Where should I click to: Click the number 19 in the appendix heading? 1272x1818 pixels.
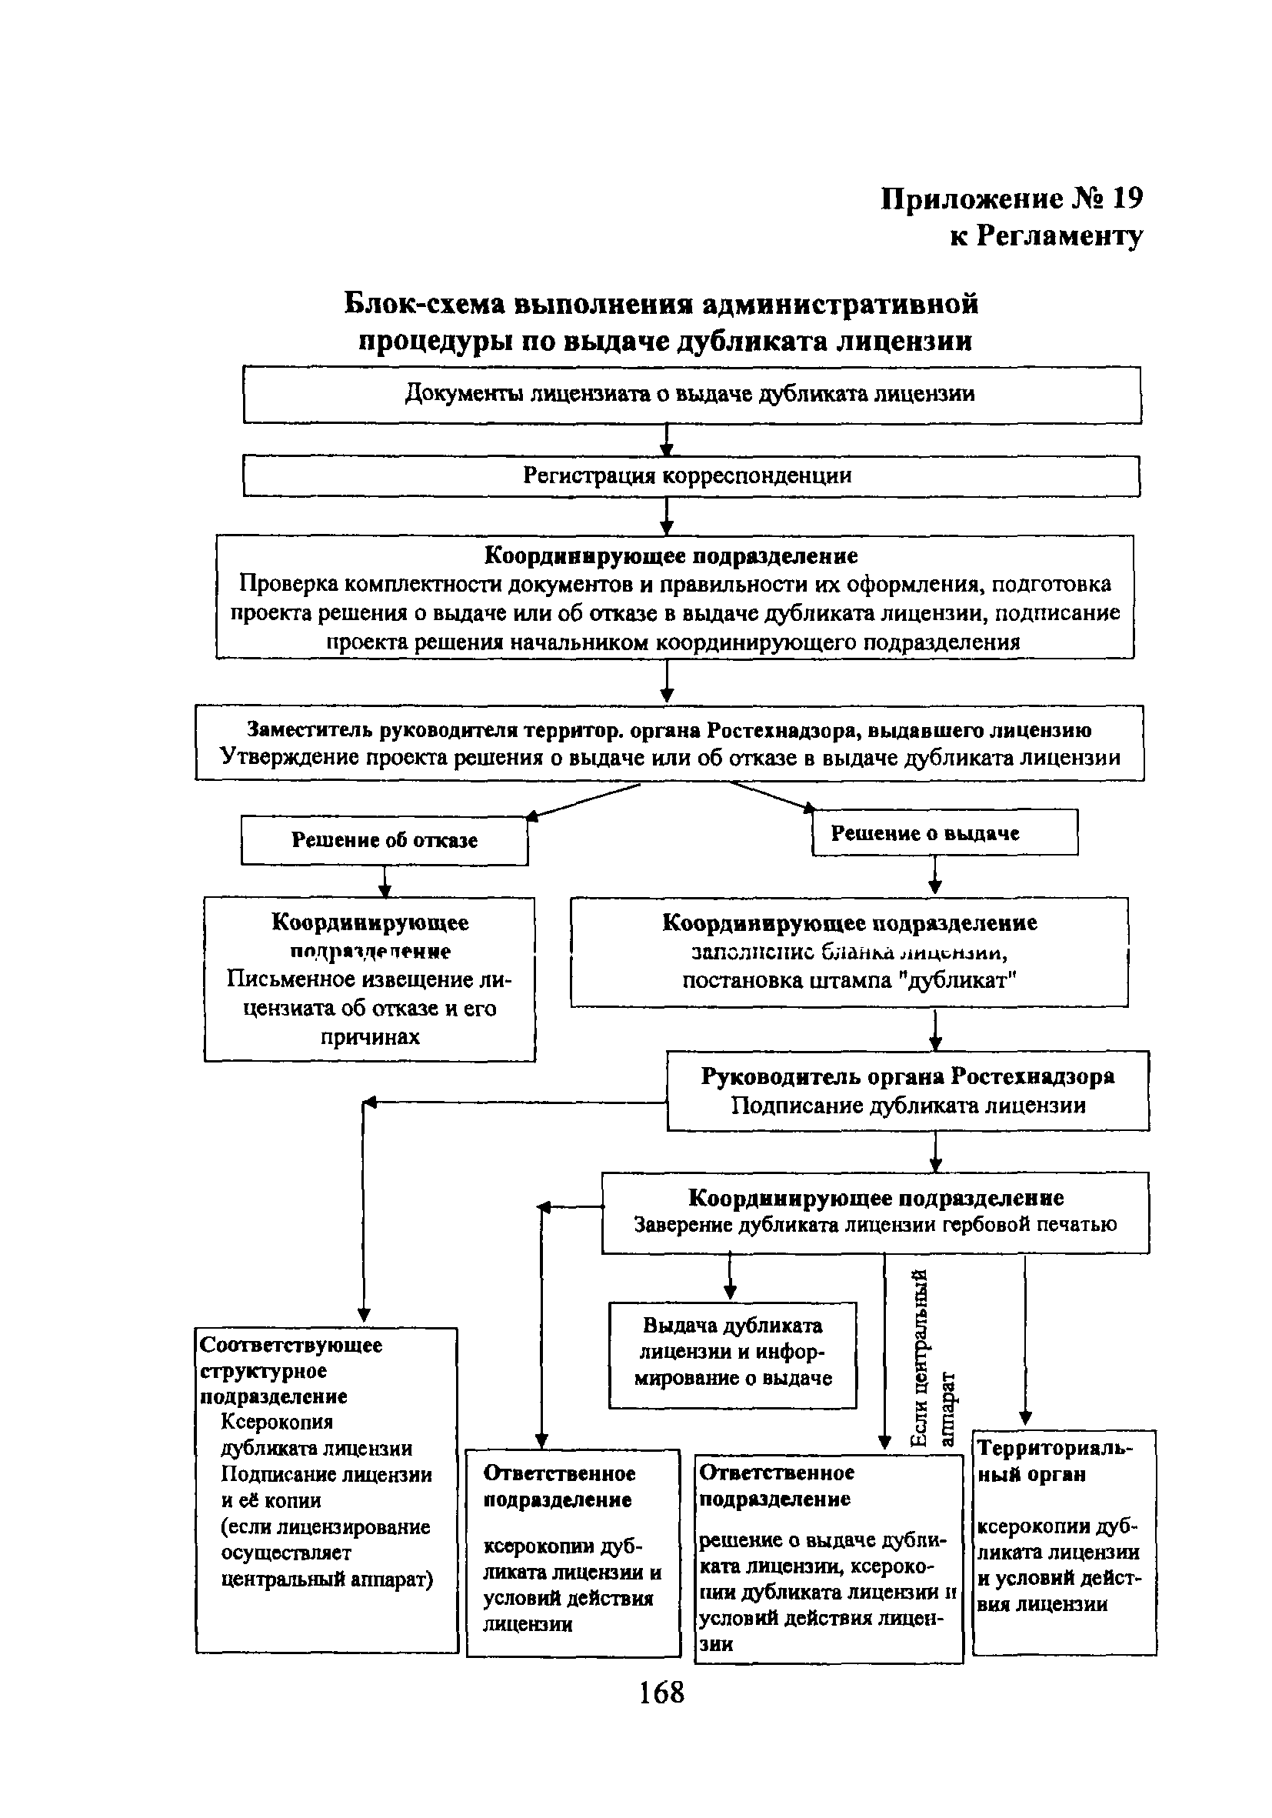click(1127, 198)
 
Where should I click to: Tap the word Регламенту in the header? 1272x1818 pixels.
click(1059, 235)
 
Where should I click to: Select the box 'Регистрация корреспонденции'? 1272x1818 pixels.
click(691, 476)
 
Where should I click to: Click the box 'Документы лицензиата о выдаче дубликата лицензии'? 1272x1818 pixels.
click(691, 394)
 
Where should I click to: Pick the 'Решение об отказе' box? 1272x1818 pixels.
click(384, 840)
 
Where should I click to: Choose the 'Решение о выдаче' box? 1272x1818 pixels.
click(944, 832)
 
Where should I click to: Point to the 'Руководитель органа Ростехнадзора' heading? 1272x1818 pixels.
click(907, 1076)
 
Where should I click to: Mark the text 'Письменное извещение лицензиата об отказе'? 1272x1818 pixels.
click(369, 994)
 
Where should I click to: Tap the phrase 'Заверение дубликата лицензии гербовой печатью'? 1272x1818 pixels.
click(874, 1225)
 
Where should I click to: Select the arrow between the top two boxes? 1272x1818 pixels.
click(668, 439)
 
